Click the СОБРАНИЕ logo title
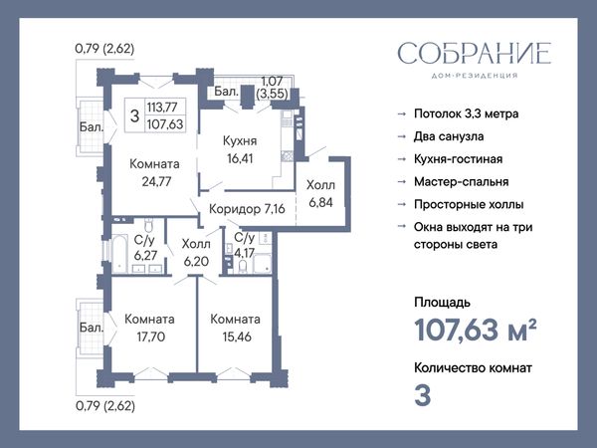(475, 53)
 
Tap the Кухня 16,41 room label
(240, 149)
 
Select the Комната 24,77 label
(154, 172)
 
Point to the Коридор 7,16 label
(247, 209)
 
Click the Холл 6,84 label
(321, 194)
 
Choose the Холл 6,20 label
(196, 252)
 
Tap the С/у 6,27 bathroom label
(145, 247)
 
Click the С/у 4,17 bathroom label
(245, 245)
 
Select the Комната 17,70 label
(149, 328)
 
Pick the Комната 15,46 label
(235, 328)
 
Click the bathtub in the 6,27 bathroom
(119, 255)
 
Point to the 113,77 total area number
(162, 108)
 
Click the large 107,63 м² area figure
(476, 330)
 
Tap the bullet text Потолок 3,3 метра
(467, 113)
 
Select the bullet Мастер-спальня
(462, 182)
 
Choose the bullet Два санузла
(449, 136)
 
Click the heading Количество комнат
(474, 368)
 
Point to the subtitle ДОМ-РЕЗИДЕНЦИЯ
(475, 76)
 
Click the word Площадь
(443, 303)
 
